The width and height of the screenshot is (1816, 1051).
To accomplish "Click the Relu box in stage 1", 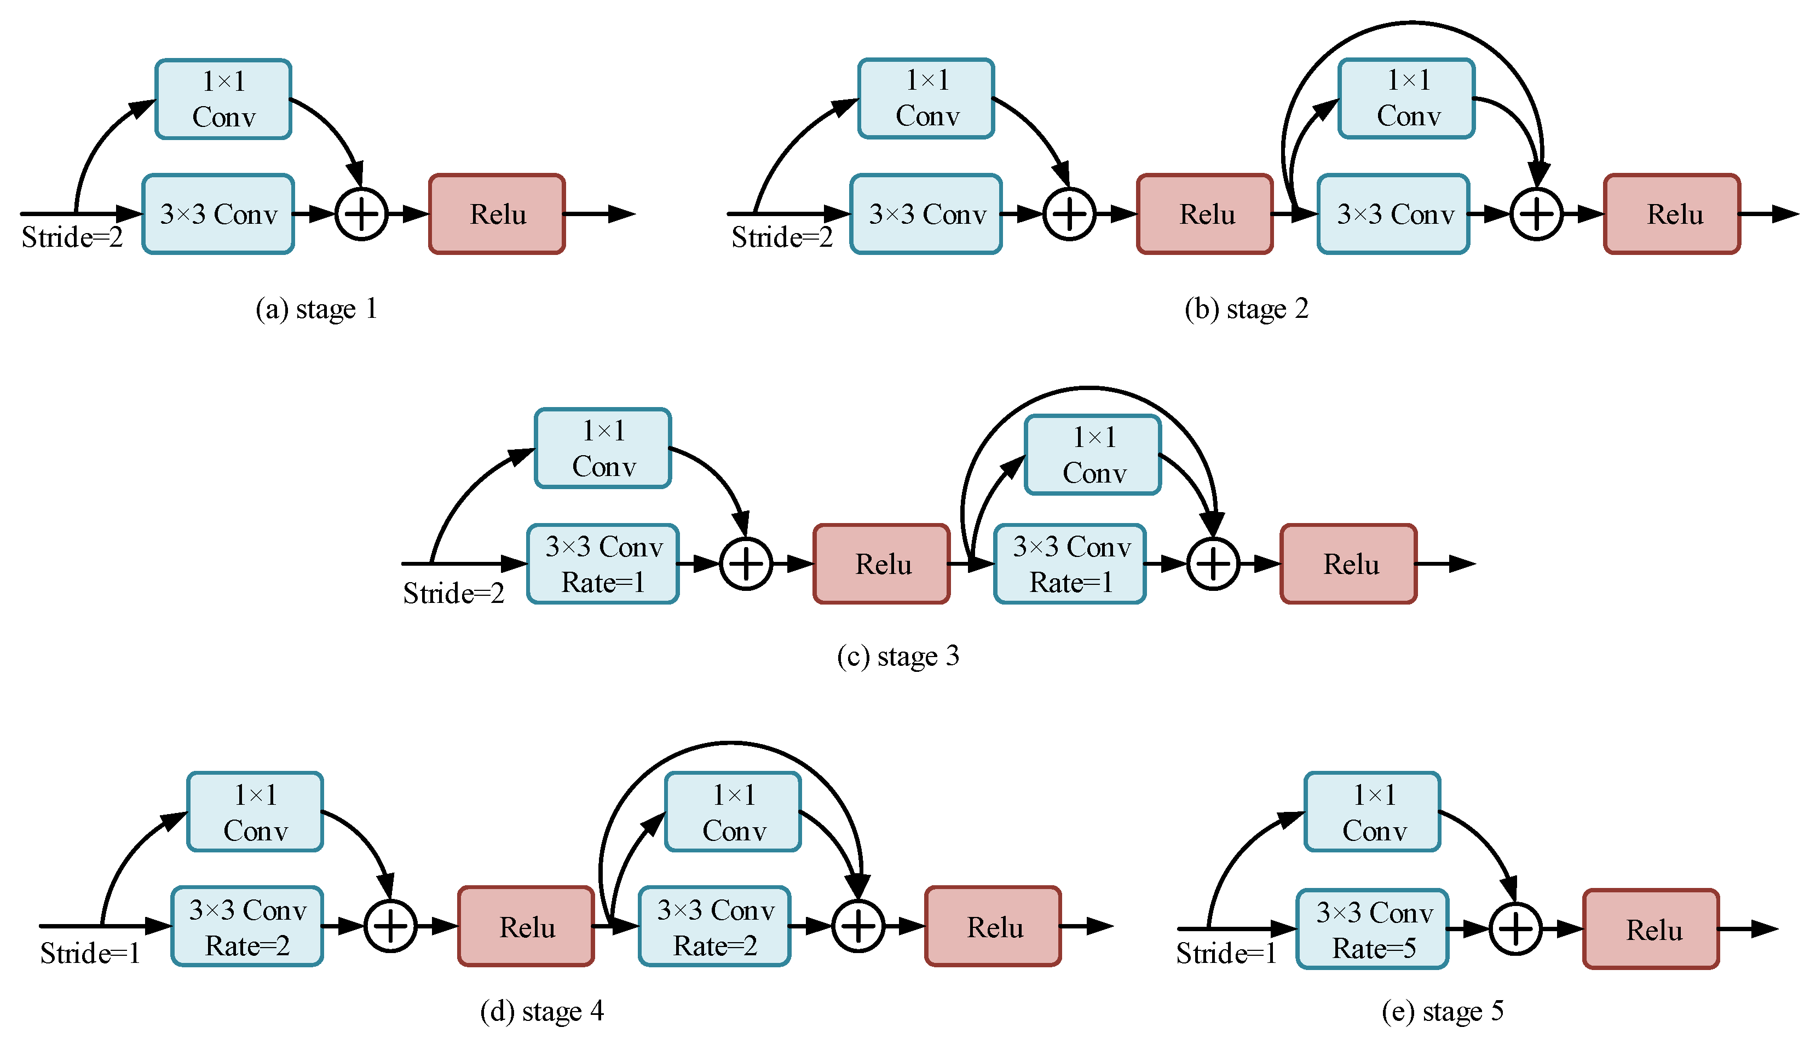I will tap(497, 214).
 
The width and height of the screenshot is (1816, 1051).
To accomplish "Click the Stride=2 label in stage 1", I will tap(72, 237).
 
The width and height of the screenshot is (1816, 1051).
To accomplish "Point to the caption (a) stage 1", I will tap(316, 309).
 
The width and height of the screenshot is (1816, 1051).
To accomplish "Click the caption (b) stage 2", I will tap(1246, 309).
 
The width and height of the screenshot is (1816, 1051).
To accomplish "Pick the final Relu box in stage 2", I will tap(1672, 214).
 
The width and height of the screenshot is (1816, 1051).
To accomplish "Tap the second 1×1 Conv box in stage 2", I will tap(1406, 98).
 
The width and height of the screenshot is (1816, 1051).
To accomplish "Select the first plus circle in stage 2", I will tap(1069, 214).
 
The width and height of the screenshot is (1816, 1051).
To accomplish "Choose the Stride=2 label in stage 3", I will tap(453, 594).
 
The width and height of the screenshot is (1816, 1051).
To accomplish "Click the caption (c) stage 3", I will tap(898, 656).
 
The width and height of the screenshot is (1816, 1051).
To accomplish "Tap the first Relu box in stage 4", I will tap(526, 926).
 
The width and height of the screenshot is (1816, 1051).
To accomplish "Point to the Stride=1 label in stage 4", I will tap(90, 954).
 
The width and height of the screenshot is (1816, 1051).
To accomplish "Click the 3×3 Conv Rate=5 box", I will tap(1372, 929).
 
